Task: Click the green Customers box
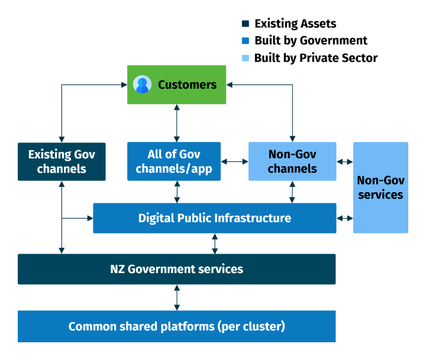click(x=176, y=85)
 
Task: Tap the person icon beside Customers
click(x=142, y=85)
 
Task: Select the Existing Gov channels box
click(x=62, y=161)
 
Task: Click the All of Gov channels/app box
click(x=174, y=161)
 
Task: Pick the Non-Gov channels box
click(x=292, y=161)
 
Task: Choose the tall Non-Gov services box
click(x=380, y=187)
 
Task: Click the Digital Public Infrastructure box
click(x=214, y=218)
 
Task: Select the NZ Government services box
click(x=176, y=269)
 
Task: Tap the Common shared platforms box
click(x=176, y=326)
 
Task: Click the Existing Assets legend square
click(x=246, y=24)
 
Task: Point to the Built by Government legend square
click(x=246, y=41)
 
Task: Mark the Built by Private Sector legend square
click(x=246, y=58)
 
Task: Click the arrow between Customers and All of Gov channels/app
click(x=176, y=123)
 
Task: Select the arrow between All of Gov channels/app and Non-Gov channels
click(x=234, y=161)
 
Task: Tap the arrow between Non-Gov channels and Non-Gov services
click(x=344, y=161)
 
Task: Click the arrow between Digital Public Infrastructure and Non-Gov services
click(x=344, y=218)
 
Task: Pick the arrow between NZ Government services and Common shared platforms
click(x=176, y=297)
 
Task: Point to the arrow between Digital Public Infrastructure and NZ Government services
click(x=215, y=244)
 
